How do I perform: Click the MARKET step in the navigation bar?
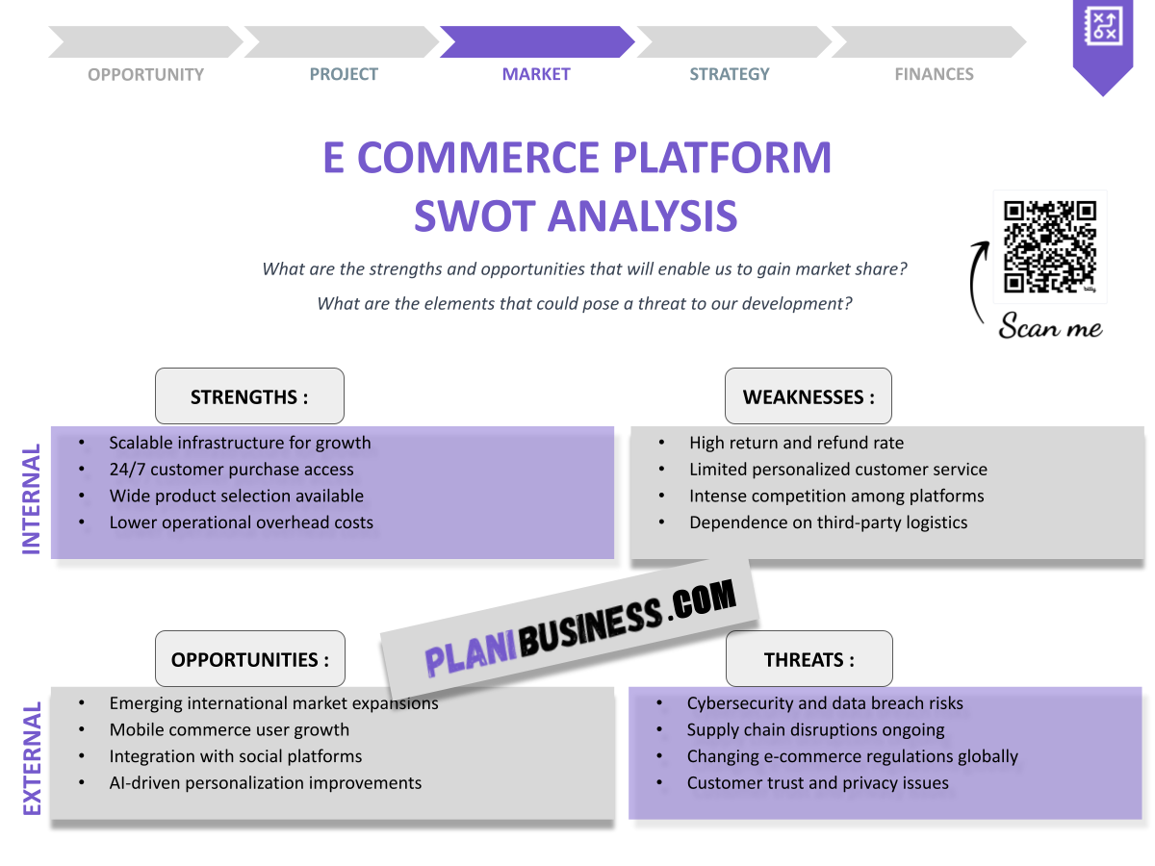click(x=536, y=74)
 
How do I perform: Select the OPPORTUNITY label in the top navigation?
click(x=145, y=74)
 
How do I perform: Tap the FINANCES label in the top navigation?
click(x=934, y=74)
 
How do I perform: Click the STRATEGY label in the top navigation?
click(x=730, y=74)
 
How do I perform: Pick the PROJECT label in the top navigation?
click(x=344, y=74)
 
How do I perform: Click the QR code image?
click(x=1050, y=246)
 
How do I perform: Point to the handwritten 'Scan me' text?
click(x=1050, y=326)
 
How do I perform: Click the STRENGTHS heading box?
click(x=249, y=396)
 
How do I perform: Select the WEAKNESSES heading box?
click(x=808, y=396)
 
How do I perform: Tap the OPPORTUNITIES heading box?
click(x=250, y=659)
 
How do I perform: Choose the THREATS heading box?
click(x=808, y=659)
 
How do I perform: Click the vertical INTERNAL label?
click(x=32, y=498)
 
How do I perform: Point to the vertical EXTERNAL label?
click(x=32, y=759)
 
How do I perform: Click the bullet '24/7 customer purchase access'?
click(x=231, y=470)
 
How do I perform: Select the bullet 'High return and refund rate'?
click(x=796, y=443)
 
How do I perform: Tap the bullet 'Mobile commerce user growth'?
click(x=229, y=729)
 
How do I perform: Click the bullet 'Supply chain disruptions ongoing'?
click(x=815, y=729)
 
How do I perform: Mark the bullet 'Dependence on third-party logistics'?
click(x=828, y=522)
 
